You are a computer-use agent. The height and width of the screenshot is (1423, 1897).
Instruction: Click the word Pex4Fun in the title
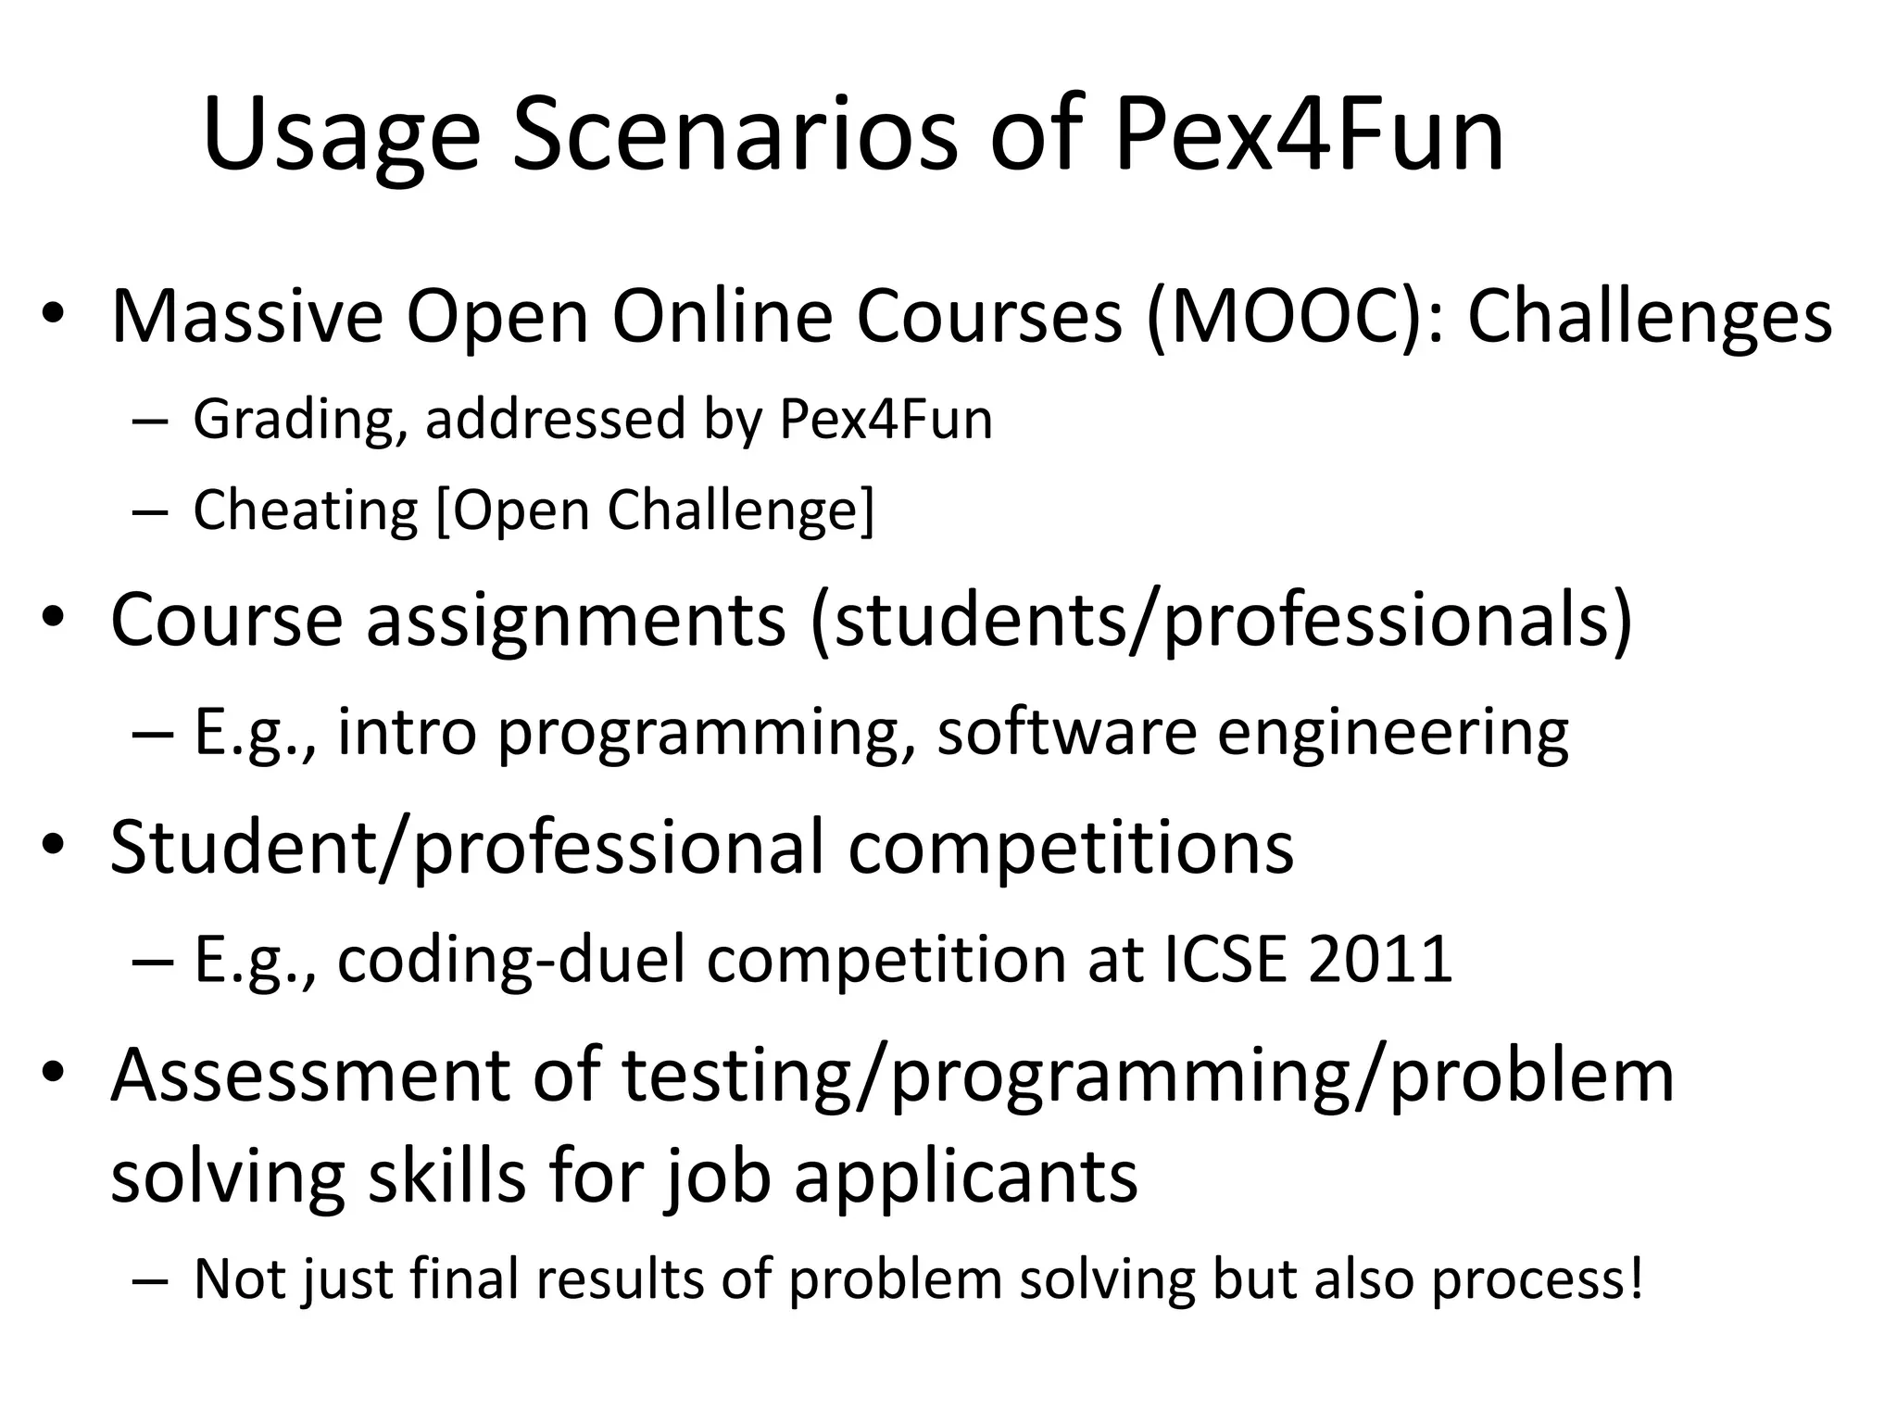pyautogui.click(x=1308, y=137)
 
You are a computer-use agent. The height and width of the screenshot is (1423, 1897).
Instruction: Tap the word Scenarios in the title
pyautogui.click(x=735, y=137)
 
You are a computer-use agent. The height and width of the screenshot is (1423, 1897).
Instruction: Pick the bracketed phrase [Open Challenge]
pyautogui.click(x=655, y=510)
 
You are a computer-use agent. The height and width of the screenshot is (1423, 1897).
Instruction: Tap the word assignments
pyautogui.click(x=575, y=620)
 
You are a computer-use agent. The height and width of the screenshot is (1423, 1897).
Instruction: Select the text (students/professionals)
pyautogui.click(x=1221, y=620)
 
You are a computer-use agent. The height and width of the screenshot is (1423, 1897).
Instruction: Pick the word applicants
pyautogui.click(x=965, y=1177)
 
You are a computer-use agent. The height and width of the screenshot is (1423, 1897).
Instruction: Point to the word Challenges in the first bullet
pyautogui.click(x=1649, y=318)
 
